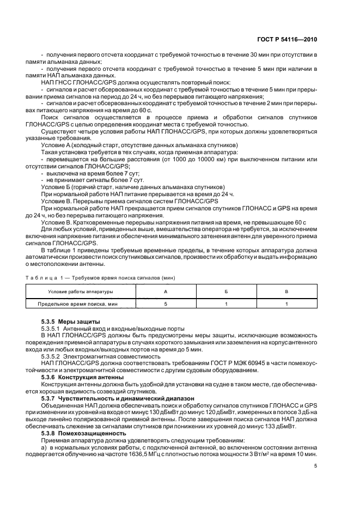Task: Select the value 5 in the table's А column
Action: (x=166, y=304)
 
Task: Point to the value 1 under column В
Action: (x=286, y=304)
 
